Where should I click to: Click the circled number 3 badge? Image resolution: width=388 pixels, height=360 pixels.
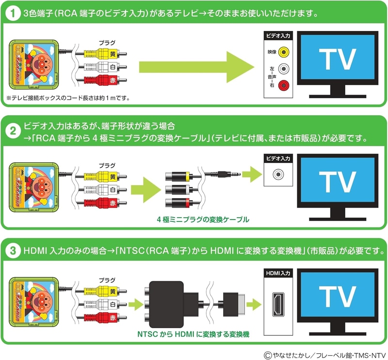11,251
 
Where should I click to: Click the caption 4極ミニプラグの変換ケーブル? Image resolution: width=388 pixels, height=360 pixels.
203,220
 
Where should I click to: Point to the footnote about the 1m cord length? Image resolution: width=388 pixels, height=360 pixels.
68,98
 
